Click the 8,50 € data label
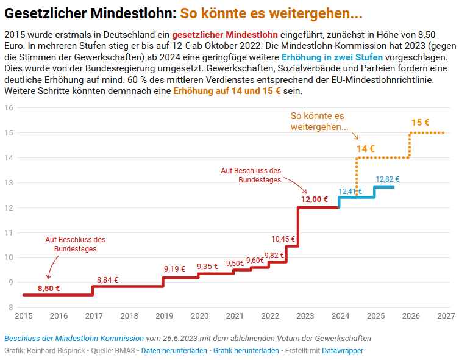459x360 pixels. click(x=49, y=288)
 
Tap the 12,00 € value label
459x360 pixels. click(x=315, y=199)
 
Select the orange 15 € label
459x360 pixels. click(x=421, y=123)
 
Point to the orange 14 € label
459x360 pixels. click(x=366, y=148)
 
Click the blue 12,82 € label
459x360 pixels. click(x=388, y=179)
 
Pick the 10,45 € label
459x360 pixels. click(x=283, y=239)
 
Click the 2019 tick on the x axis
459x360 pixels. click(x=164, y=316)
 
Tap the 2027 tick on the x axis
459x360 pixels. click(x=446, y=316)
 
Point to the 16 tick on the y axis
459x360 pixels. click(x=9, y=108)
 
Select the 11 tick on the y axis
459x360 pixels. click(x=9, y=232)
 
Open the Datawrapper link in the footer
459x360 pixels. click(x=343, y=351)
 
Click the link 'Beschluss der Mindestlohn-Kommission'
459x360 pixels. click(x=74, y=338)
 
